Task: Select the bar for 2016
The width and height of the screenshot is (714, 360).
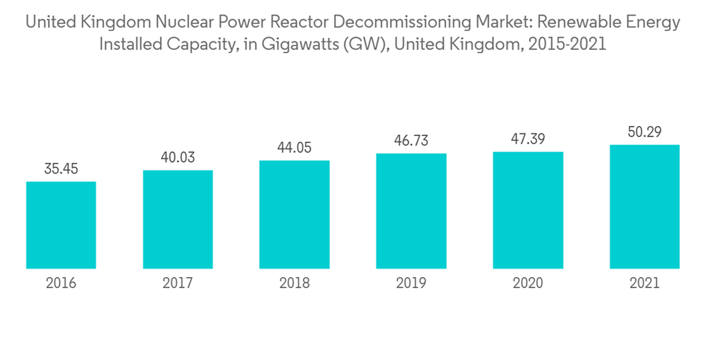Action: tap(61, 225)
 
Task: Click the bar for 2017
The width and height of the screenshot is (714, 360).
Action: tap(178, 219)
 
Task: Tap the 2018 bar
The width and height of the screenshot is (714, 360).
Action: tap(294, 214)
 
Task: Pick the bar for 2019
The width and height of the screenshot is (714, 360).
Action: tap(411, 211)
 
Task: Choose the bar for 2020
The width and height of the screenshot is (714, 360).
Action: tap(528, 210)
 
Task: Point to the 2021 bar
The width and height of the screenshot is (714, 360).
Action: tap(645, 206)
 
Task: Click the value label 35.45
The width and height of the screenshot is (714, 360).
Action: tap(61, 169)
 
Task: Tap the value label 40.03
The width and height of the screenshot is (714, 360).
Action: tap(178, 158)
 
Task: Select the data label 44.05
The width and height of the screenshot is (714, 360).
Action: tap(294, 148)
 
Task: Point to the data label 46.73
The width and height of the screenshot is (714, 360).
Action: tap(411, 141)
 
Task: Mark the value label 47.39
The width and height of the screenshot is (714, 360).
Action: tap(528, 139)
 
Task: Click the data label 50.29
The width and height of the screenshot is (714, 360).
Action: tap(645, 132)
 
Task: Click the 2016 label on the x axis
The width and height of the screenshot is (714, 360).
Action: tap(61, 284)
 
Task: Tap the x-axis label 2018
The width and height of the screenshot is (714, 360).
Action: tap(294, 284)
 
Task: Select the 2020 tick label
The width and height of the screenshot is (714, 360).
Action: tap(528, 284)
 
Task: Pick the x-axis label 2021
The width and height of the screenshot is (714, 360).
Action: tap(645, 284)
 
